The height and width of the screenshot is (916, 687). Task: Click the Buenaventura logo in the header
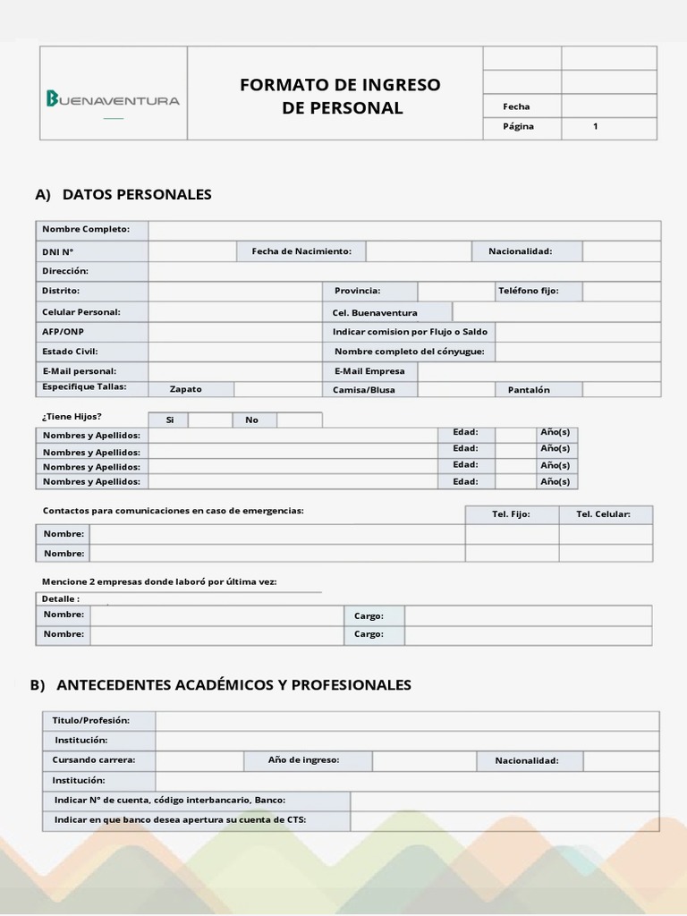(x=113, y=99)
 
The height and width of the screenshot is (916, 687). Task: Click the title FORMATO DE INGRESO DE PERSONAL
(x=340, y=97)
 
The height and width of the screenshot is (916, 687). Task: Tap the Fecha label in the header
(x=516, y=106)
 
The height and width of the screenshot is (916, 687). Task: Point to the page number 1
(x=596, y=127)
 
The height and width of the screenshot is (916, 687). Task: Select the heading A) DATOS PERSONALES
(x=123, y=194)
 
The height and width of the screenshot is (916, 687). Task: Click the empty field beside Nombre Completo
(x=404, y=230)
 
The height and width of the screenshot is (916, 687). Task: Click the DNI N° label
(x=58, y=252)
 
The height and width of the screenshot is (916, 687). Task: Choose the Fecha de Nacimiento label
(x=301, y=251)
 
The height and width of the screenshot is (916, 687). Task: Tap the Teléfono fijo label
(x=528, y=291)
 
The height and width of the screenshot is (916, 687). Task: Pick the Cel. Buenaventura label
(x=375, y=313)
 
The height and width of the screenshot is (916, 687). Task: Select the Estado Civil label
(x=70, y=352)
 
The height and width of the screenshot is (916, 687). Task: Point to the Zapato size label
(x=186, y=389)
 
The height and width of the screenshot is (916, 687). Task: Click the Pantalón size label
(x=529, y=390)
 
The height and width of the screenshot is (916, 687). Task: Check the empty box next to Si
(x=210, y=420)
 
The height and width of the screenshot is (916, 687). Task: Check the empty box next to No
(x=299, y=420)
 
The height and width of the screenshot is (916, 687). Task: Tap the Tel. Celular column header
(x=603, y=514)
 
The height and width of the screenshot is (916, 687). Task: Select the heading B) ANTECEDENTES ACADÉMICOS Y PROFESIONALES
(x=220, y=685)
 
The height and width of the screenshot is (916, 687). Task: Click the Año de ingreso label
(x=303, y=760)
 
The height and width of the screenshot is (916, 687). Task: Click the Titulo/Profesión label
(x=91, y=720)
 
